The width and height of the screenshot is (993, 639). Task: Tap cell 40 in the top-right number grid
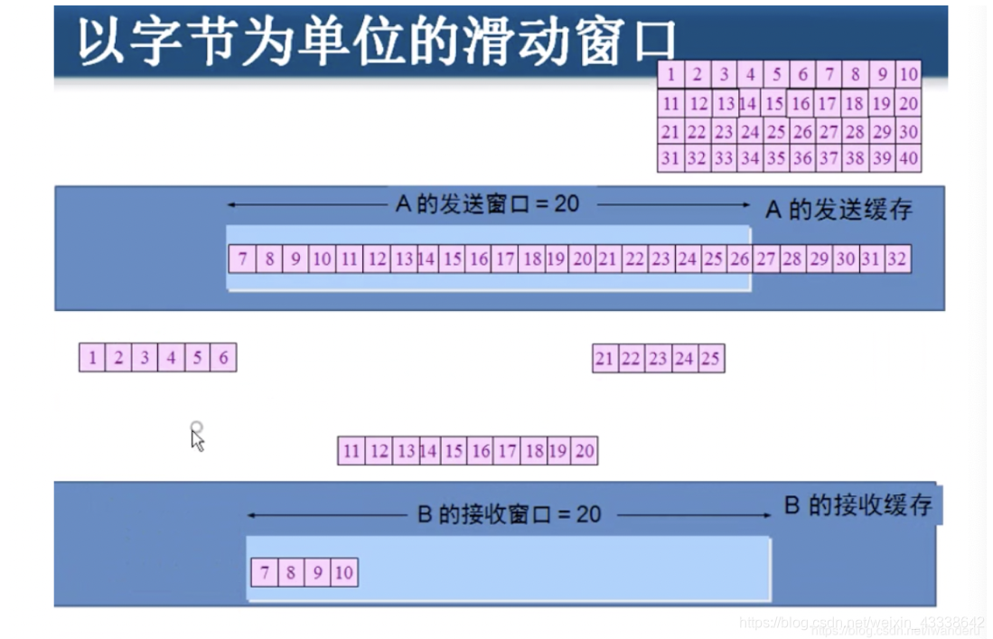pyautogui.click(x=908, y=158)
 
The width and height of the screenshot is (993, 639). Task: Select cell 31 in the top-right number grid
pyautogui.click(x=670, y=158)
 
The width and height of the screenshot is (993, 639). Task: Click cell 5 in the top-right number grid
pyautogui.click(x=776, y=74)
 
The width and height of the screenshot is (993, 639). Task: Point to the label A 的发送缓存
pyautogui.click(x=838, y=210)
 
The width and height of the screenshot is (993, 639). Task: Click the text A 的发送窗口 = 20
pyautogui.click(x=487, y=203)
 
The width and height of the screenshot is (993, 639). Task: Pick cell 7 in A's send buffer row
pyautogui.click(x=242, y=259)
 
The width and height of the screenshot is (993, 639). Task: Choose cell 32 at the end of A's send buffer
pyautogui.click(x=896, y=259)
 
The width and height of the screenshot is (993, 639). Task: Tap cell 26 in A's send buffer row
pyautogui.click(x=739, y=259)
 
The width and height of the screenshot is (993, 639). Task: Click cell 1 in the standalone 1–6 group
pyautogui.click(x=92, y=358)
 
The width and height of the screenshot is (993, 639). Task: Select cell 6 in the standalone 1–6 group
pyautogui.click(x=223, y=358)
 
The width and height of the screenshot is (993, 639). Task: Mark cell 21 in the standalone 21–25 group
pyautogui.click(x=604, y=359)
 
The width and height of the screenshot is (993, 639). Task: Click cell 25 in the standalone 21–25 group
pyautogui.click(x=710, y=359)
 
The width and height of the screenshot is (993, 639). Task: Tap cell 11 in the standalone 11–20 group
pyautogui.click(x=351, y=451)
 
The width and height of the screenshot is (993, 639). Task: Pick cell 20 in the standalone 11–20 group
pyautogui.click(x=585, y=451)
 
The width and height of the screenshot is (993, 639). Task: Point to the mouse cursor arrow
pyautogui.click(x=197, y=438)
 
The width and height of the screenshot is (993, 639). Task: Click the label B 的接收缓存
pyautogui.click(x=857, y=505)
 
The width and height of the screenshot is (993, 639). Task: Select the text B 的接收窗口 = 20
pyautogui.click(x=509, y=514)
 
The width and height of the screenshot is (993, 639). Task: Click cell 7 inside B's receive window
pyautogui.click(x=265, y=572)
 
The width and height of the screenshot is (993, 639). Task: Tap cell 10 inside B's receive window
pyautogui.click(x=344, y=572)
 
